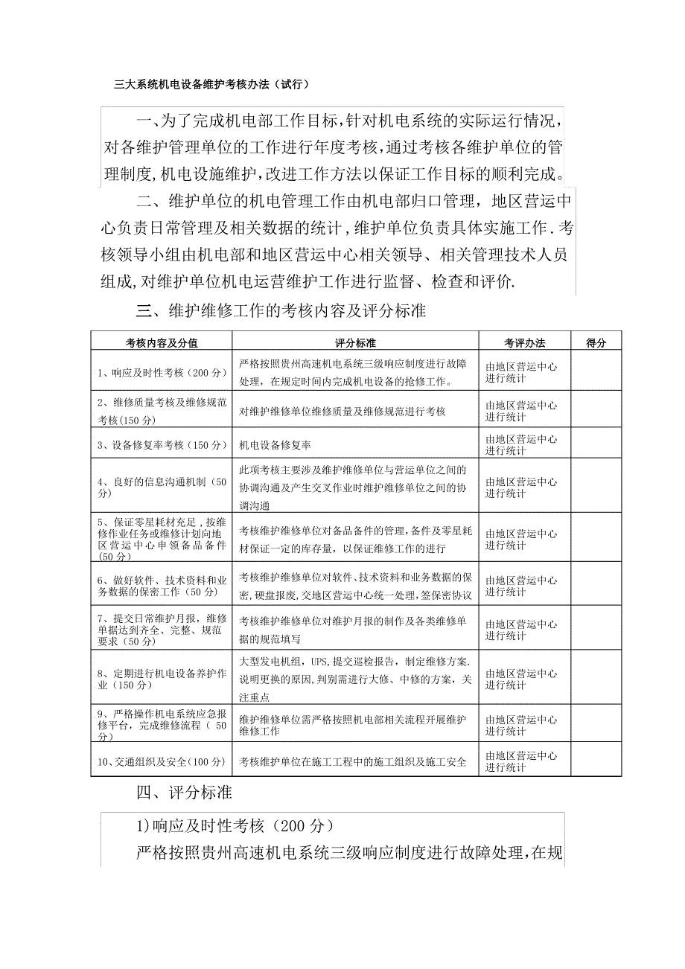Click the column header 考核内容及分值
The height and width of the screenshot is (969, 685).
click(162, 343)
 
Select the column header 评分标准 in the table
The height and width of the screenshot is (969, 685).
click(355, 343)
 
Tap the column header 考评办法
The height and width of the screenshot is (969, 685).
click(525, 343)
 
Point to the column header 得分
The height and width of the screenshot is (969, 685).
click(596, 343)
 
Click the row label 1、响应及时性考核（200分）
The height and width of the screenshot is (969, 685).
click(162, 372)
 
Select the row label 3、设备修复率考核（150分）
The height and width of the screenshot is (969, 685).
click(162, 445)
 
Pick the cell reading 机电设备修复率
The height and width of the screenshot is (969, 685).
click(275, 445)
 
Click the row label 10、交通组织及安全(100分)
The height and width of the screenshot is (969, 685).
click(162, 761)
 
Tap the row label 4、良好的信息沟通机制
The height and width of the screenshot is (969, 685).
click(162, 487)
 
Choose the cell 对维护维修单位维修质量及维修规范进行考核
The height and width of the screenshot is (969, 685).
click(342, 411)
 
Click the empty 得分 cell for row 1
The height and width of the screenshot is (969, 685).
click(596, 372)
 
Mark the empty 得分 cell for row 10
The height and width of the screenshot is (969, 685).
click(596, 761)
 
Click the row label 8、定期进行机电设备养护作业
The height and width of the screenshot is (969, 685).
click(162, 679)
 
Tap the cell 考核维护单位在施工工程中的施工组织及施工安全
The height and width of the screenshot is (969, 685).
click(353, 761)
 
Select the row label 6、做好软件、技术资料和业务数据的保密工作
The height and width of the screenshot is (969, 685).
click(162, 586)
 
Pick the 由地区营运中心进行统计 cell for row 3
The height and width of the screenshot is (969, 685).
click(521, 445)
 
